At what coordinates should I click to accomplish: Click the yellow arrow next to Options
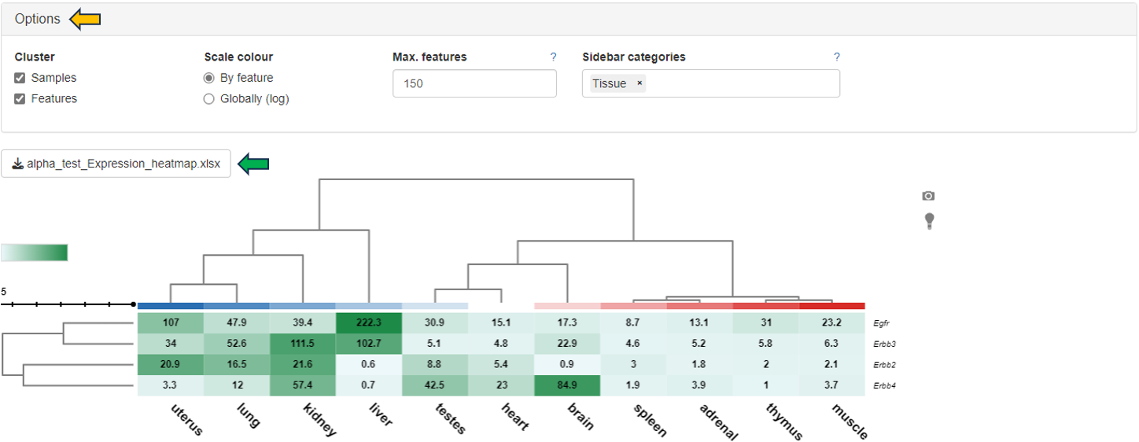pyautogui.click(x=85, y=19)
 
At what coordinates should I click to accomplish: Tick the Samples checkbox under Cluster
pyautogui.click(x=20, y=78)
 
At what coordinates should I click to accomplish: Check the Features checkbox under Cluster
pyautogui.click(x=20, y=98)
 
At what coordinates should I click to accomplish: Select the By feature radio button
pyautogui.click(x=208, y=78)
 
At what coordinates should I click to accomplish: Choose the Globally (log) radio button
pyautogui.click(x=208, y=99)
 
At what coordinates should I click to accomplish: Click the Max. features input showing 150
pyautogui.click(x=474, y=83)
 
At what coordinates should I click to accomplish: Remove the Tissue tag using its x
pyautogui.click(x=640, y=83)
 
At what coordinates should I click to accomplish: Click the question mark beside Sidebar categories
pyautogui.click(x=837, y=57)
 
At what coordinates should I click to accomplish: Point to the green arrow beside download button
pyautogui.click(x=253, y=164)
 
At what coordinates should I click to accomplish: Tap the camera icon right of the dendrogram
pyautogui.click(x=928, y=196)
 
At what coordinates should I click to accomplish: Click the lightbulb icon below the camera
pyautogui.click(x=929, y=221)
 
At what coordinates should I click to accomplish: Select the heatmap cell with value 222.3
pyautogui.click(x=369, y=322)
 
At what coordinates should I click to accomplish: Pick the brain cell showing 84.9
pyautogui.click(x=567, y=386)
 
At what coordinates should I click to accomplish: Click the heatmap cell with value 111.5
pyautogui.click(x=303, y=344)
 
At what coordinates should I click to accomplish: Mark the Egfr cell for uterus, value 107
pyautogui.click(x=171, y=322)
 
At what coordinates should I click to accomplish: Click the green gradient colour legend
pyautogui.click(x=35, y=252)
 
